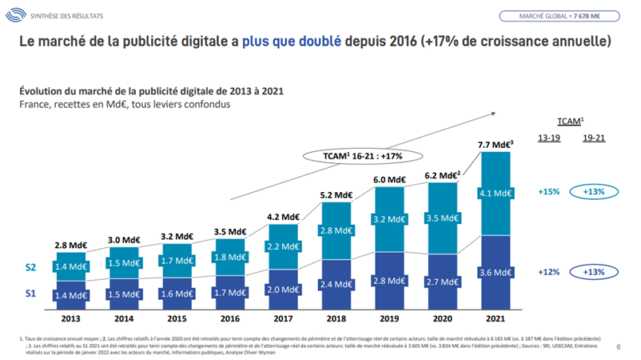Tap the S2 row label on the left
pos(31,267)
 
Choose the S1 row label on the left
pos(31,295)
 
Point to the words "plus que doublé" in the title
pos(290,41)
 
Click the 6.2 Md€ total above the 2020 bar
pos(442,175)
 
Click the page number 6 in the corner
pos(618,346)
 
